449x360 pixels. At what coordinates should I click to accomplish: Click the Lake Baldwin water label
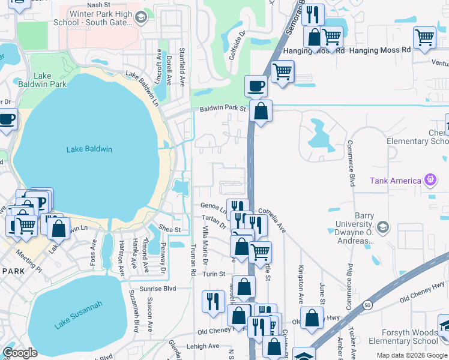(x=89, y=149)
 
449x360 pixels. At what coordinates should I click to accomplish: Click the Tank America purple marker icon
(x=430, y=179)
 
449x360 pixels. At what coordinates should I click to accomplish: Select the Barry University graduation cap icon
(x=384, y=228)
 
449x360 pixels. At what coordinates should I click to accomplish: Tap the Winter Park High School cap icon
(x=140, y=19)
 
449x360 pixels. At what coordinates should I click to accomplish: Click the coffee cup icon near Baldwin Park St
(x=256, y=86)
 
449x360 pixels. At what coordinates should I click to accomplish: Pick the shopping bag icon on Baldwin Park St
(x=261, y=111)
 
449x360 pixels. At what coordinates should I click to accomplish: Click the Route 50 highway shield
(x=367, y=305)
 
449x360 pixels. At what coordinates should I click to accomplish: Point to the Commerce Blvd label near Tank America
(x=350, y=163)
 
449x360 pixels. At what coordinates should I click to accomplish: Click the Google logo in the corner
(x=20, y=353)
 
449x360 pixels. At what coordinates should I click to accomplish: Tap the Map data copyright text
(x=412, y=355)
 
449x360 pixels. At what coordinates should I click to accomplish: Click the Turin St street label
(x=213, y=274)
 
